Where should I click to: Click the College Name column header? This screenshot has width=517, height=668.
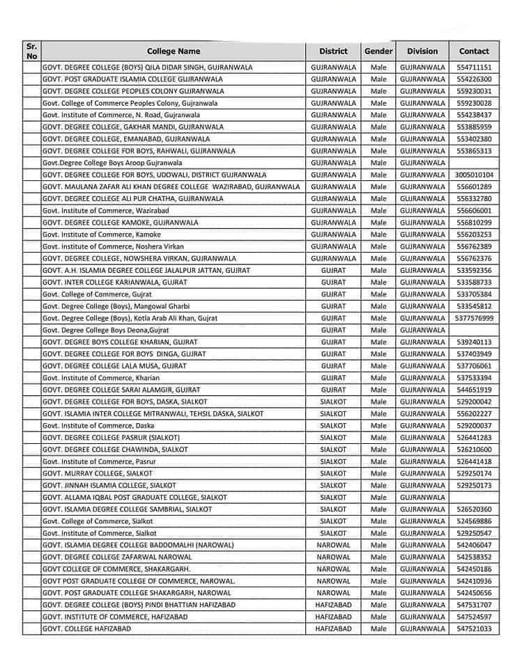pyautogui.click(x=173, y=51)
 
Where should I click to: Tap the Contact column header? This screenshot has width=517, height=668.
pyautogui.click(x=474, y=51)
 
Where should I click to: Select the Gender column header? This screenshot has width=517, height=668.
pyautogui.click(x=378, y=51)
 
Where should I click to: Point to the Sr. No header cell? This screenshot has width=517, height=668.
pyautogui.click(x=31, y=51)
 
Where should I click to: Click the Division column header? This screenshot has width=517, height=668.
pyautogui.click(x=422, y=51)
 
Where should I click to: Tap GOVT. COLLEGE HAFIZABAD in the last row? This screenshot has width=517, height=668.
pyautogui.click(x=86, y=628)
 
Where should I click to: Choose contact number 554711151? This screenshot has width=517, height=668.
pyautogui.click(x=474, y=67)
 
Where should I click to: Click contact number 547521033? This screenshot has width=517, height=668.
pyautogui.click(x=474, y=628)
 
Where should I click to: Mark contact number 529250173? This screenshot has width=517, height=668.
pyautogui.click(x=474, y=485)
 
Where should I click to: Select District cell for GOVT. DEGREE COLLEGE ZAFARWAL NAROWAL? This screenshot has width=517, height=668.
pyautogui.click(x=333, y=557)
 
